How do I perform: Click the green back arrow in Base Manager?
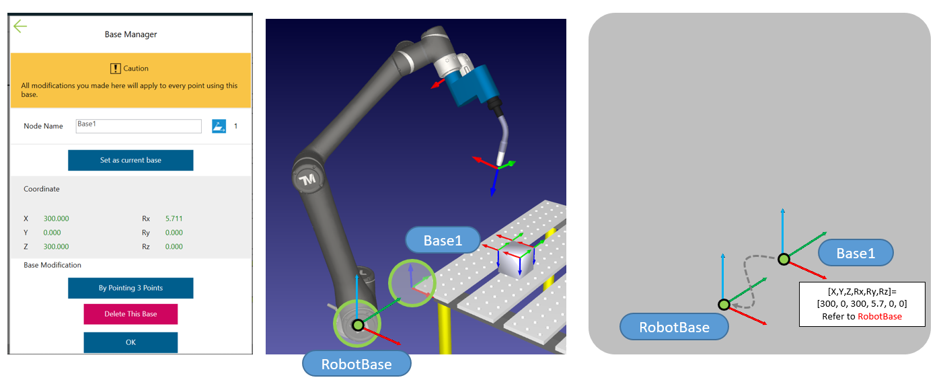click(20, 26)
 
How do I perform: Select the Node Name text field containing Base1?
click(139, 126)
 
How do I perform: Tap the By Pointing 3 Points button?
click(130, 288)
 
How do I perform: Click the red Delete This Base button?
click(130, 314)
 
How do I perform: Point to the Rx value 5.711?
click(174, 219)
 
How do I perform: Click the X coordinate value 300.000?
click(56, 219)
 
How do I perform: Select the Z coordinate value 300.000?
click(56, 247)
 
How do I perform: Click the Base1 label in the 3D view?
click(443, 240)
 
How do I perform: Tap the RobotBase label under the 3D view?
click(356, 365)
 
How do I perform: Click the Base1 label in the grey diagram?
click(856, 253)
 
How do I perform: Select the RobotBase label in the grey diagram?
click(674, 327)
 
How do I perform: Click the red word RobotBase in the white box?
click(879, 316)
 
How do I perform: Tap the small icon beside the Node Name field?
click(219, 126)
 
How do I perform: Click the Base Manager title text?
click(130, 34)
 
